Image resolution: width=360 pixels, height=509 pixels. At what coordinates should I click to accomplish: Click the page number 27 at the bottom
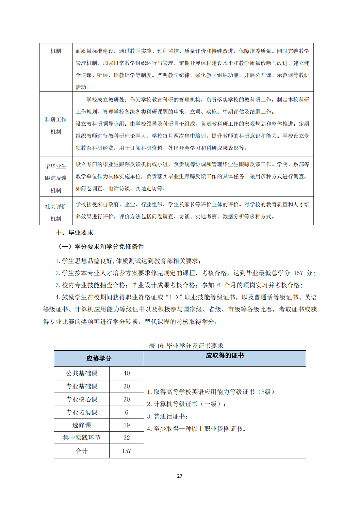(x=180, y=476)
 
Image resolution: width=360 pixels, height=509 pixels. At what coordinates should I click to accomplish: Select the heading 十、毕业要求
(x=74, y=232)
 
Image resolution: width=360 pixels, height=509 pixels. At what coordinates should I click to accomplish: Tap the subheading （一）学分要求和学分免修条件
(x=101, y=247)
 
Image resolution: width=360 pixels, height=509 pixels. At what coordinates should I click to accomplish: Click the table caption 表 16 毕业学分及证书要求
(x=186, y=346)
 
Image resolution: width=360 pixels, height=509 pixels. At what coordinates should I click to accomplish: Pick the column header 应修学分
(x=99, y=358)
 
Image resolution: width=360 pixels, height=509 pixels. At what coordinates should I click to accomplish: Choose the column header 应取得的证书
(x=225, y=356)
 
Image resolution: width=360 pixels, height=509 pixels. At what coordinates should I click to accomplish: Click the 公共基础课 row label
(x=82, y=373)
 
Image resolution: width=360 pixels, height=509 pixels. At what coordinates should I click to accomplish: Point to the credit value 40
(x=126, y=373)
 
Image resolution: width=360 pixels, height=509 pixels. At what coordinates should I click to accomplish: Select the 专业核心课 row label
(x=82, y=399)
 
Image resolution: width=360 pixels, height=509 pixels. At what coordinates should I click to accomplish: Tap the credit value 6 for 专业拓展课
(x=126, y=412)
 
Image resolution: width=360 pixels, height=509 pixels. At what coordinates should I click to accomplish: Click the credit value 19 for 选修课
(x=126, y=425)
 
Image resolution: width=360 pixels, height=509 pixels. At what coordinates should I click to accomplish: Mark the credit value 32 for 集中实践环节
(x=126, y=437)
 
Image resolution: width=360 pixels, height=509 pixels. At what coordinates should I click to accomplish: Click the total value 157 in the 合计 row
(x=126, y=451)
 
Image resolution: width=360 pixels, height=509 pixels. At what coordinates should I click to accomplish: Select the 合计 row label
(x=82, y=451)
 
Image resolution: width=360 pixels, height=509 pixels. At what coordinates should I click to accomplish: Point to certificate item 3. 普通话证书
(x=167, y=416)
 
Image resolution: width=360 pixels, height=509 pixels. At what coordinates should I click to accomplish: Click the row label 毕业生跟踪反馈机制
(x=56, y=178)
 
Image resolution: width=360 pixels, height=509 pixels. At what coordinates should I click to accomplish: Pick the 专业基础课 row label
(x=82, y=386)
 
